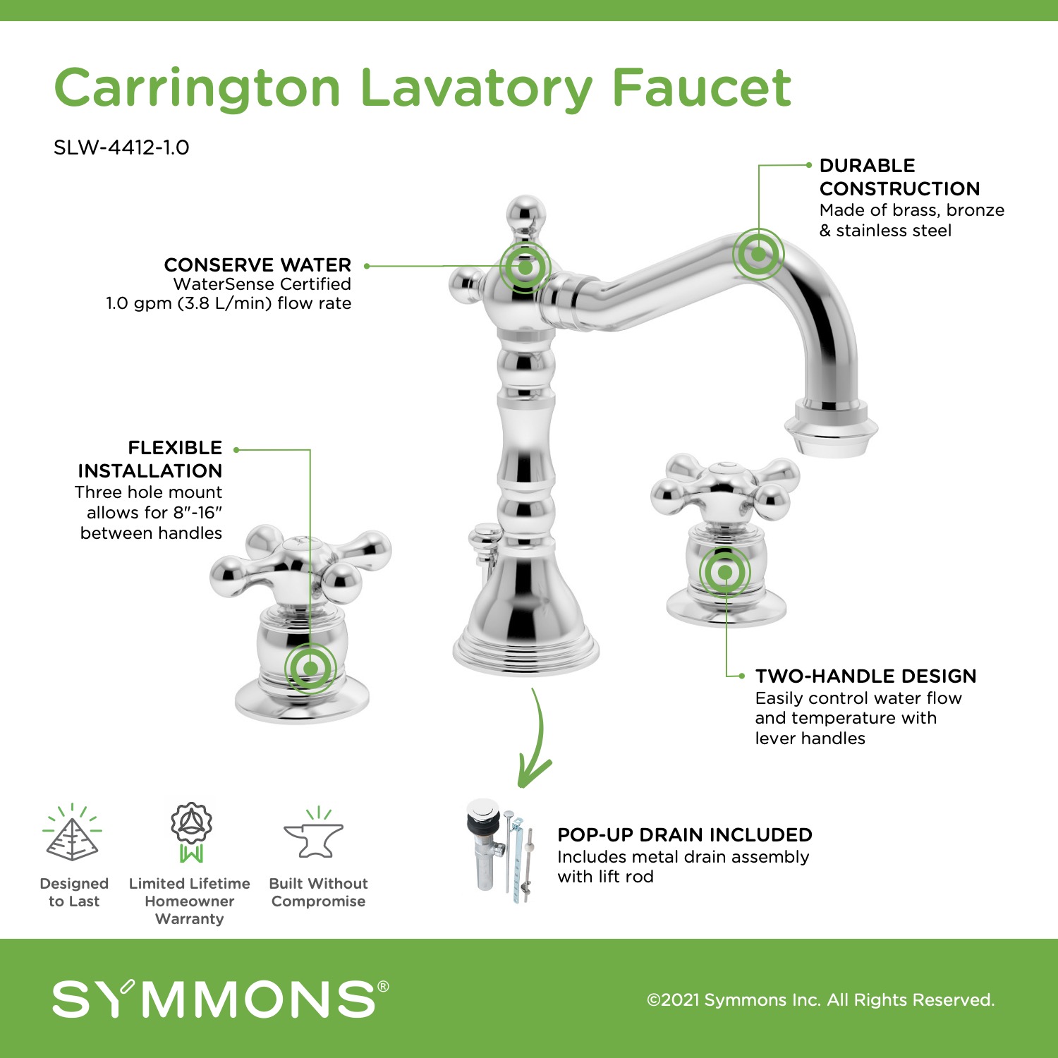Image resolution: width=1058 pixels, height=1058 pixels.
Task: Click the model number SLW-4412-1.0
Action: (121, 147)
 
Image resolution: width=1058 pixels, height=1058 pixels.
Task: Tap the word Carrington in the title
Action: (197, 89)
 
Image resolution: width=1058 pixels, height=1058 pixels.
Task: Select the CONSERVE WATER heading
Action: (257, 265)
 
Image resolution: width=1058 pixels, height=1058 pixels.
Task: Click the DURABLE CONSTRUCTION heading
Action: (900, 177)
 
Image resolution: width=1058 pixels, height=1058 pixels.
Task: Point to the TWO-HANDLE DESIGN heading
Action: (865, 676)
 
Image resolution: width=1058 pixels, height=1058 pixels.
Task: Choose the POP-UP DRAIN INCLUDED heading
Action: (685, 835)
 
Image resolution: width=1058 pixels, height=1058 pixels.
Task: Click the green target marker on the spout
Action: (758, 254)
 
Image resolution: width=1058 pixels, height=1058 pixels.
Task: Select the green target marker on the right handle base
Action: (725, 572)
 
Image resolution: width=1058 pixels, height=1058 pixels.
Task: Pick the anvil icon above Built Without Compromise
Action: (314, 834)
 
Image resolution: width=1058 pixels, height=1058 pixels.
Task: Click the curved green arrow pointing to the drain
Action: (537, 741)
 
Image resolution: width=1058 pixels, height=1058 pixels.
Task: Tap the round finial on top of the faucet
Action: (526, 213)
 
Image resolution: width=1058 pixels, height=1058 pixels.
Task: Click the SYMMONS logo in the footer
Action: (221, 998)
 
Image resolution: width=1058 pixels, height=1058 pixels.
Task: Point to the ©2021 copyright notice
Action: (821, 1000)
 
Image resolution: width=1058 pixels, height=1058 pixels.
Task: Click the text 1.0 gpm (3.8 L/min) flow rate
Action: (229, 303)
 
